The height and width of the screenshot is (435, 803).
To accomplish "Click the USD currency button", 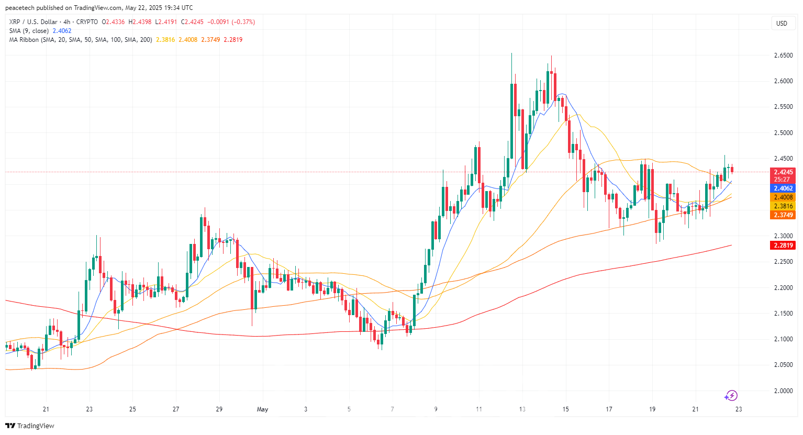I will click(x=782, y=23).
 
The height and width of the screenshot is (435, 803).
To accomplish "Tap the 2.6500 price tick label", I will click(x=783, y=55).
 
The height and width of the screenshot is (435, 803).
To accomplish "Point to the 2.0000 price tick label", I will click(x=783, y=391).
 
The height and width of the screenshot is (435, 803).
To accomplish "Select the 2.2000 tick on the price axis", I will click(x=783, y=287).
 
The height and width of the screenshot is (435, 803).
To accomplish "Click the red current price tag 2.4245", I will click(x=783, y=172).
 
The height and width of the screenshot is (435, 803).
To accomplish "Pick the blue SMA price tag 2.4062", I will click(x=783, y=188).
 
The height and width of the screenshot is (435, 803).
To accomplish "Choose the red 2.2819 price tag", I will click(x=783, y=246).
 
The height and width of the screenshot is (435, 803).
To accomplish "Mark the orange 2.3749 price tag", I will click(x=783, y=215).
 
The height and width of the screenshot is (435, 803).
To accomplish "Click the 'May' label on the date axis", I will click(x=262, y=409).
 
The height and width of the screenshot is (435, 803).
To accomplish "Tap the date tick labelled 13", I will click(x=522, y=409).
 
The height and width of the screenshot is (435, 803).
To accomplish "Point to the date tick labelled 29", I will click(x=219, y=409).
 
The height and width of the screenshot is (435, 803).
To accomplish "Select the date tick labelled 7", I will click(x=392, y=409).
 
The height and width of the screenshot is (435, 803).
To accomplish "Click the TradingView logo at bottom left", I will click(x=30, y=426).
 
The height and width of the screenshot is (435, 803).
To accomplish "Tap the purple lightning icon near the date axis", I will click(x=731, y=396).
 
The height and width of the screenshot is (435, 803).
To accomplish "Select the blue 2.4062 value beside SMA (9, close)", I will click(x=62, y=31).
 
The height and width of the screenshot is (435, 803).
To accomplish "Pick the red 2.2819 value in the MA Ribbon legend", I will click(x=233, y=40).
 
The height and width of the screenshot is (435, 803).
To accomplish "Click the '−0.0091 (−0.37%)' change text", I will click(x=231, y=22).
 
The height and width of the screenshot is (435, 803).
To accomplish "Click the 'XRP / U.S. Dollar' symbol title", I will click(x=33, y=22).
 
